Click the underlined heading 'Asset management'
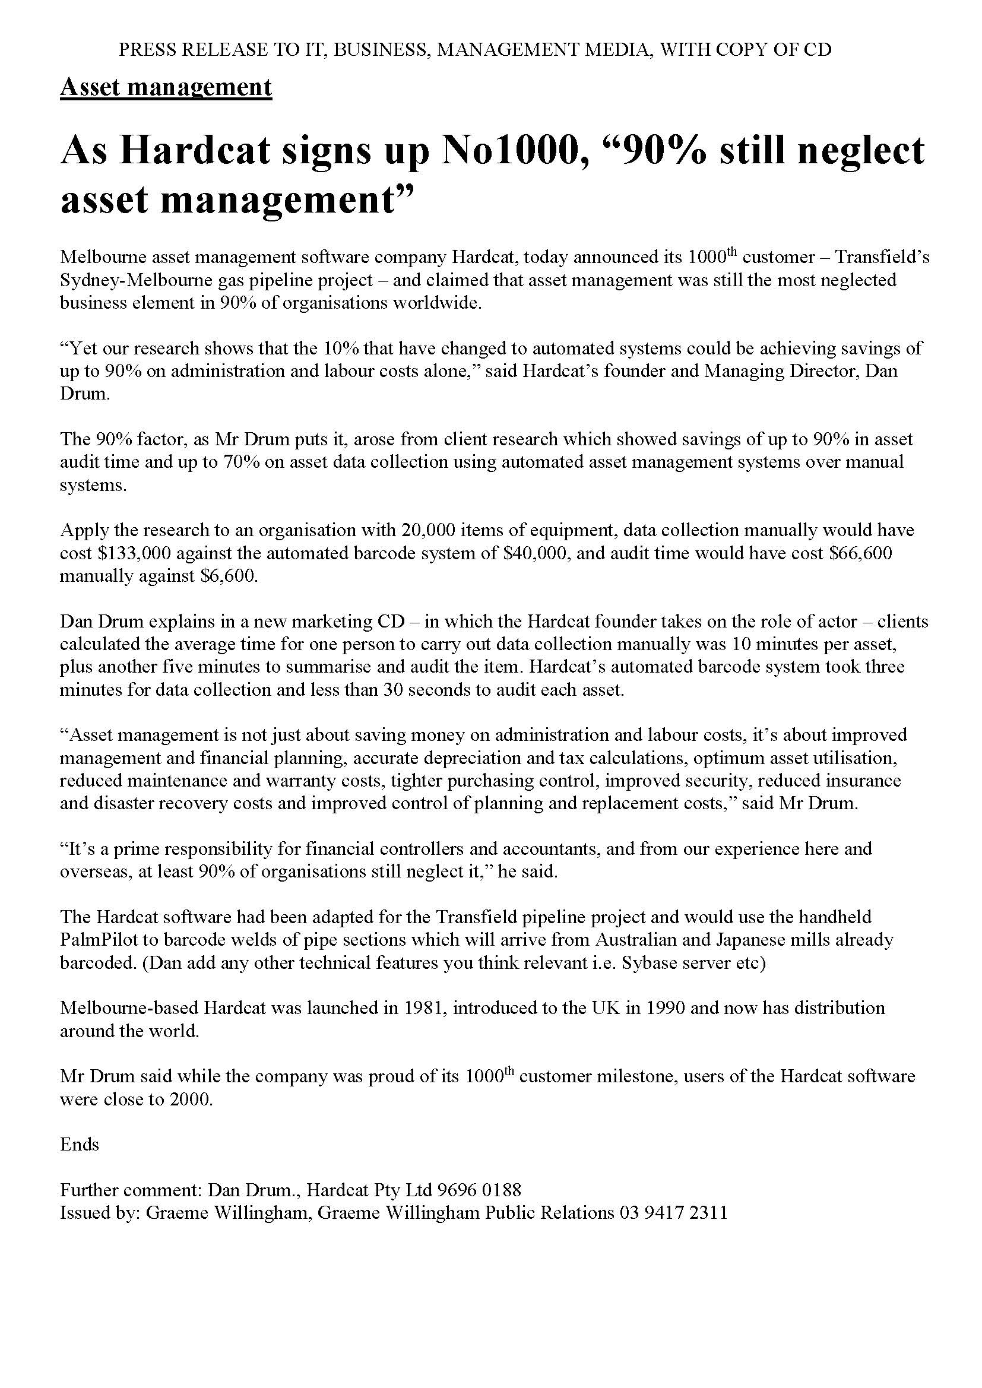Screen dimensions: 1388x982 point(166,88)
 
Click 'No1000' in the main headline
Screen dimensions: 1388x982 point(515,150)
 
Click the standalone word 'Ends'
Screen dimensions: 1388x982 point(79,1145)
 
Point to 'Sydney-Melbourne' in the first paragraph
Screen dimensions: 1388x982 point(137,280)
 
